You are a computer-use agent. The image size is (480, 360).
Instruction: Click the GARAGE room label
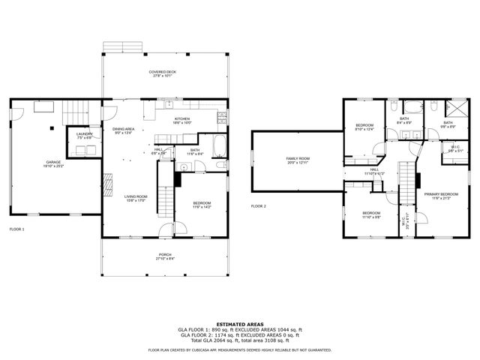pos(52,161)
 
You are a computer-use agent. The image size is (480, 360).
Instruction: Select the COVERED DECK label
pos(162,71)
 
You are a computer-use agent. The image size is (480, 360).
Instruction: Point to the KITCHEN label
pos(183,118)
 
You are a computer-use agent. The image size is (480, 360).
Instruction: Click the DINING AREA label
pos(124,129)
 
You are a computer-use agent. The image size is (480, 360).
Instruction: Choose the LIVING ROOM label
pos(136,196)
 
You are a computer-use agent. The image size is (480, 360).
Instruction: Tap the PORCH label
pos(163,254)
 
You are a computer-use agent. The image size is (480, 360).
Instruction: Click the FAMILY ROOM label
pos(297,159)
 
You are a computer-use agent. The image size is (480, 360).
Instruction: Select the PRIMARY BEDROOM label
pos(440,194)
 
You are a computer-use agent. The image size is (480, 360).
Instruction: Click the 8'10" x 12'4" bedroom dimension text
pos(364,129)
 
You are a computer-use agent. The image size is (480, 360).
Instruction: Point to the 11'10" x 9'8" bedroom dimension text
pos(372,217)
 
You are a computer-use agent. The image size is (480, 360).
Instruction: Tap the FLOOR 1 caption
pos(16,229)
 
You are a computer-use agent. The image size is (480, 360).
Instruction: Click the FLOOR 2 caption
pos(259,205)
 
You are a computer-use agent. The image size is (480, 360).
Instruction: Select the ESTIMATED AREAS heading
pos(239,324)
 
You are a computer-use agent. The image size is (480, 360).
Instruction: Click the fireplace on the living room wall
pos(107,181)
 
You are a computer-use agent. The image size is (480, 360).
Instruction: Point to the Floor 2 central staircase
pos(406,180)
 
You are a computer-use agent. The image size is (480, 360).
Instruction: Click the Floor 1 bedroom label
pos(202,202)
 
